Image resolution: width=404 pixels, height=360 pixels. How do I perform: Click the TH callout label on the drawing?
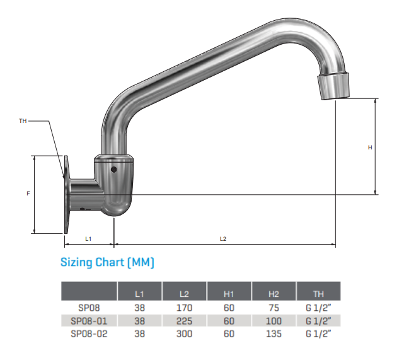(x=23, y=120)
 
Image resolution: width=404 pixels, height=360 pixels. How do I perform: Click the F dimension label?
(x=28, y=194)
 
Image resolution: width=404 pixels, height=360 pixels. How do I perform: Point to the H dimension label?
(x=370, y=147)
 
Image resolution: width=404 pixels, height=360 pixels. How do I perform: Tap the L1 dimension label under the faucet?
(x=89, y=239)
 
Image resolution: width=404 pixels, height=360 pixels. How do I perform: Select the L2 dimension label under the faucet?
(x=223, y=239)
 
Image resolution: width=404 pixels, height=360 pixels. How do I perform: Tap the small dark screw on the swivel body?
(x=113, y=170)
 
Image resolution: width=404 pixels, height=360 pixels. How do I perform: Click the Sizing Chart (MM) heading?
(x=107, y=262)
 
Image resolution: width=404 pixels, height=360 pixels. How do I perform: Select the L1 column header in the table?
(x=140, y=294)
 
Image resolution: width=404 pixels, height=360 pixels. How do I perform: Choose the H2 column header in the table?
(x=274, y=294)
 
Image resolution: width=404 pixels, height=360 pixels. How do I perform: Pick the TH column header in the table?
(x=318, y=294)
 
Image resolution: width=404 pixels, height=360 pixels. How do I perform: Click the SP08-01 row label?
(x=88, y=321)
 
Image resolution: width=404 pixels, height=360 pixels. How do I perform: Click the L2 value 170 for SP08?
(x=184, y=308)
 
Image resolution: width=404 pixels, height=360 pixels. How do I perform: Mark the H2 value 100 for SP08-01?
(x=274, y=321)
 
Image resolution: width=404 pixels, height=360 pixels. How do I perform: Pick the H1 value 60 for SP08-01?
(x=229, y=321)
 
